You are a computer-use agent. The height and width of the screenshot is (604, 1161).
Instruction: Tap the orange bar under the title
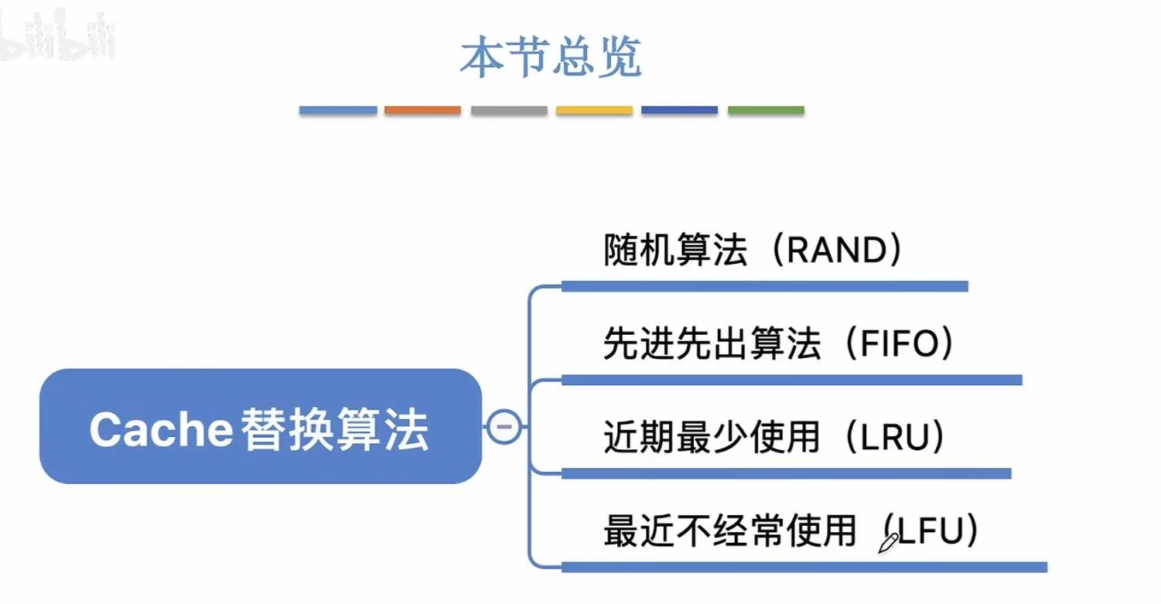coord(422,111)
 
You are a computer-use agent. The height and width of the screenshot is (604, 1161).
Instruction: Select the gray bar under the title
coord(508,111)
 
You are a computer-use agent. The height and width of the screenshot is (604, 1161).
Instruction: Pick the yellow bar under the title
coord(594,111)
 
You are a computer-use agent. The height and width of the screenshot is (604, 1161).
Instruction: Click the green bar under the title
coord(766,111)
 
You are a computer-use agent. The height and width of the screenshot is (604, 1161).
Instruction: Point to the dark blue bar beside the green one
coord(680,111)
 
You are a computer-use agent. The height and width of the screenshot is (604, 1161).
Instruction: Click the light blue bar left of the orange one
coord(337,111)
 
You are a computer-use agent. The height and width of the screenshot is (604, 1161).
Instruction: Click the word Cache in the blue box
coord(161,429)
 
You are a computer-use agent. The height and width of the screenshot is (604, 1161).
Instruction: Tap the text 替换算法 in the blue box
coord(335,429)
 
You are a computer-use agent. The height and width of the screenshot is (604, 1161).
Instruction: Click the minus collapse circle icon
coord(504,426)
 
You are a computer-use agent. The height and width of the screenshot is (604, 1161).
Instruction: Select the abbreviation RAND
coord(838,251)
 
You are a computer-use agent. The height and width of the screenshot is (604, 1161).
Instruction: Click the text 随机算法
coord(674,251)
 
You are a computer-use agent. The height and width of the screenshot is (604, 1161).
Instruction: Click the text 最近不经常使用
coord(729,531)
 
